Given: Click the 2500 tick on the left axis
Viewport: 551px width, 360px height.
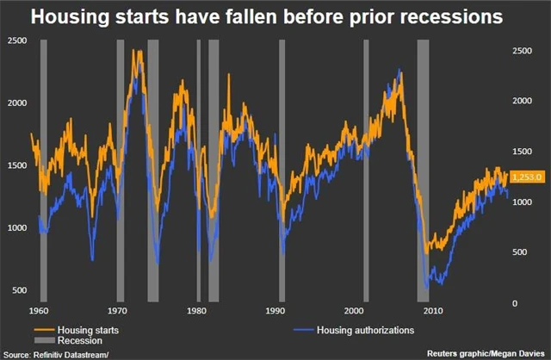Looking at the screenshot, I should pos(16,41).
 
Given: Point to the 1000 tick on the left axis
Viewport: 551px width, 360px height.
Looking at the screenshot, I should pos(16,227).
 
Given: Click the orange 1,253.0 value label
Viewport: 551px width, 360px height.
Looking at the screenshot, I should pos(527,177).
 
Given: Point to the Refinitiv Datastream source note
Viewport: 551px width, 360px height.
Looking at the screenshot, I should pos(57,354).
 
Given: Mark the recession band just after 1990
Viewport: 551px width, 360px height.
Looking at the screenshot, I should pos(282,172).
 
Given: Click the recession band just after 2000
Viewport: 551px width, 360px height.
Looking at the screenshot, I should pos(366,172).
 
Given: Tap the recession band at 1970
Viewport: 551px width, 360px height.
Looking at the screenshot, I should pos(121,172).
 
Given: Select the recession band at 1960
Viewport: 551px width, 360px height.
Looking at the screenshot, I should pos(44,172).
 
